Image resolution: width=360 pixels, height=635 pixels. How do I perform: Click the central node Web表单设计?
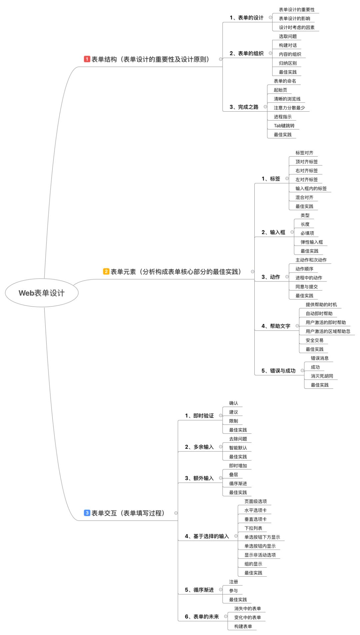pos(42,293)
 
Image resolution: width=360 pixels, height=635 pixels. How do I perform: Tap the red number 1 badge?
pos(87,59)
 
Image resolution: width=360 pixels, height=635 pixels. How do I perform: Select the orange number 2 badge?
pos(106,272)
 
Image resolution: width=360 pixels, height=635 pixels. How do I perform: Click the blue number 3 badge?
pos(87,513)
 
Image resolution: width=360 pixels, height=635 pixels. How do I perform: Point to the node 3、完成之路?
pos(244,107)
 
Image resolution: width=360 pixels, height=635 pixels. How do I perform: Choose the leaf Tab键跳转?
pos(284,126)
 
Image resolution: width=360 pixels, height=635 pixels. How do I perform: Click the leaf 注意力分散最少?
pos(289,108)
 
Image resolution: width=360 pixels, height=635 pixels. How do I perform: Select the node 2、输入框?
pos(273,232)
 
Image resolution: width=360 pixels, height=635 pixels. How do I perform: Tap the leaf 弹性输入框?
pos(312,242)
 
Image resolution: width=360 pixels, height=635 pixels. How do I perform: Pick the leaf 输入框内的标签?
pos(311,188)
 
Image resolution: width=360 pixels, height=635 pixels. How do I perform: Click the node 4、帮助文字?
pos(276,326)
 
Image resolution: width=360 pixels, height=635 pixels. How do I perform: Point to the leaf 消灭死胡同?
pos(322,376)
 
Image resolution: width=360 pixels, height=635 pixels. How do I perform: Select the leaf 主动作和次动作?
pos(311,260)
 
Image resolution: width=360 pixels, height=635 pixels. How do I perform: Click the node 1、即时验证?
pos(199,415)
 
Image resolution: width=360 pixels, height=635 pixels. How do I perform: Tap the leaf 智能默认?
pos(238,448)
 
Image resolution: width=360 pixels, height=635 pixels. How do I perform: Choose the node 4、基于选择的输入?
pos(207,536)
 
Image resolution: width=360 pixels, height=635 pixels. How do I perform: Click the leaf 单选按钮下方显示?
pos(262,537)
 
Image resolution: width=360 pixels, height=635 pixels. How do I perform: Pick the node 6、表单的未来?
pos(202,617)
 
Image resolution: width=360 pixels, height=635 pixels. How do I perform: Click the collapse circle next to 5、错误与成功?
pos(302,370)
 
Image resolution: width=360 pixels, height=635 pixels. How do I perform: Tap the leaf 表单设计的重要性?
pos(297,10)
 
